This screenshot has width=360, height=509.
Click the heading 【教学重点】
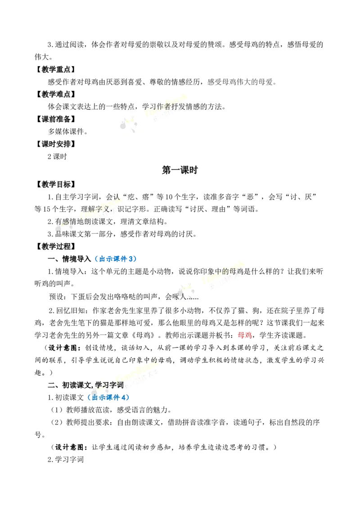(55, 69)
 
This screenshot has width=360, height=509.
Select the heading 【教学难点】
(55, 94)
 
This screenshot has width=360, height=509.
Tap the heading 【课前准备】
(55, 119)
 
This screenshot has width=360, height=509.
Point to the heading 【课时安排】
(55, 144)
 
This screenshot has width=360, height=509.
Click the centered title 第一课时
(180, 170)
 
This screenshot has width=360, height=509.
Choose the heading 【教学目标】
(55, 184)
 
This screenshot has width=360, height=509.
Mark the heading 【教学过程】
(55, 246)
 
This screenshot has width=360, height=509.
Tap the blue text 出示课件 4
(108, 397)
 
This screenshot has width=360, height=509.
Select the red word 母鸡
(245, 335)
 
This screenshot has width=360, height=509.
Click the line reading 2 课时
(57, 156)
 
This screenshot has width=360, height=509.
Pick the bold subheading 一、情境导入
(69, 259)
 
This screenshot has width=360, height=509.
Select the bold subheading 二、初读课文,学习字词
(86, 385)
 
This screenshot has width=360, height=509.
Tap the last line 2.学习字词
(66, 460)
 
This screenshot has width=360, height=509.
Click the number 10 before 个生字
(169, 196)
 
